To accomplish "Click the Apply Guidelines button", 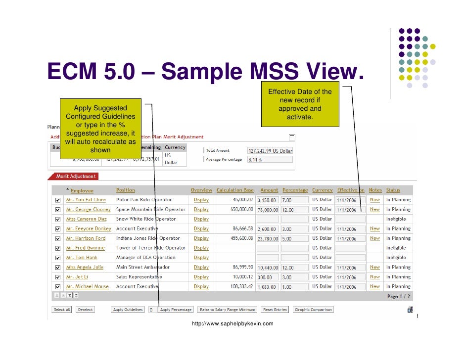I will coord(128,310).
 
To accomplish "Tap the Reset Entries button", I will coord(275,310).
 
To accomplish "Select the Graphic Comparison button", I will coord(314,310).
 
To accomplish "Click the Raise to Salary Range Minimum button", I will coord(228,310).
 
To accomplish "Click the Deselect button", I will coord(85,310).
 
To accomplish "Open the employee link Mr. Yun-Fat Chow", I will coord(86,200).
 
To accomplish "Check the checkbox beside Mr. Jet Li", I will coord(58,277).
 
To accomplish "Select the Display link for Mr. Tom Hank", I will coord(201,258).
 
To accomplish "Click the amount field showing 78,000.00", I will coord(268,210).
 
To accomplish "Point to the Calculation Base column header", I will coord(235,190).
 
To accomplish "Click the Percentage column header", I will coord(295,190).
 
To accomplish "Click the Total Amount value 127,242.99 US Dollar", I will coord(270,150).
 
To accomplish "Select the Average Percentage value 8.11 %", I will coord(270,159).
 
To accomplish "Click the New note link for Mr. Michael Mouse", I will coord(375,286).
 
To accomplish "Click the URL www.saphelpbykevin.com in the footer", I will coord(233,323).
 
